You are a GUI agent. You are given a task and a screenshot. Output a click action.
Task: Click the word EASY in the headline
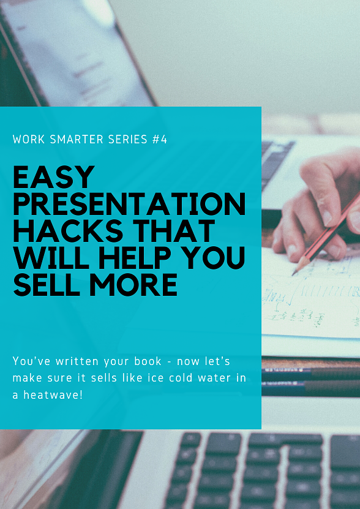[x=54, y=178]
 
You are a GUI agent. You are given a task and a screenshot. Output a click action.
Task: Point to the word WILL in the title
[x=47, y=258]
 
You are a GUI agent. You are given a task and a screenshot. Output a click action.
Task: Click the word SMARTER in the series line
[x=75, y=140]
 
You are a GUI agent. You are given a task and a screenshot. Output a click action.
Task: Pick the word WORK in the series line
[x=28, y=140]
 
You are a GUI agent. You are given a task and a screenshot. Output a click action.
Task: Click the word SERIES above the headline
[x=127, y=140]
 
